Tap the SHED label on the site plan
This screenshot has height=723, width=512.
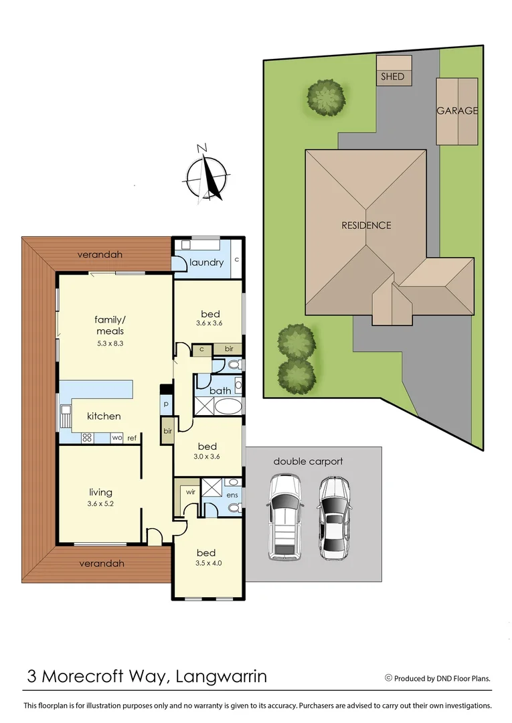(392, 76)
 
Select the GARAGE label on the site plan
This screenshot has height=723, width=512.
(457, 111)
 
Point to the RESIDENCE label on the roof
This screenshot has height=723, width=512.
(366, 226)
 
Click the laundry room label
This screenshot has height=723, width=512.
(206, 262)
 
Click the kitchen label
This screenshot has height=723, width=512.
(104, 416)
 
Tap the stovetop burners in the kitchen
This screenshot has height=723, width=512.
(86, 438)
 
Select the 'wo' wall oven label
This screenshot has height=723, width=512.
(115, 438)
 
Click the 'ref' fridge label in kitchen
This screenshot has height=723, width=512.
(132, 438)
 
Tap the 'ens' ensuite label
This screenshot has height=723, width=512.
(232, 495)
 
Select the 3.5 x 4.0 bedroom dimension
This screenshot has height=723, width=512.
(206, 563)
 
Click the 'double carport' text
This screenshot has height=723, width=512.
(307, 461)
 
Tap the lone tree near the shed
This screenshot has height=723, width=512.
(326, 98)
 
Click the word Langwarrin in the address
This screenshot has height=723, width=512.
(221, 676)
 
